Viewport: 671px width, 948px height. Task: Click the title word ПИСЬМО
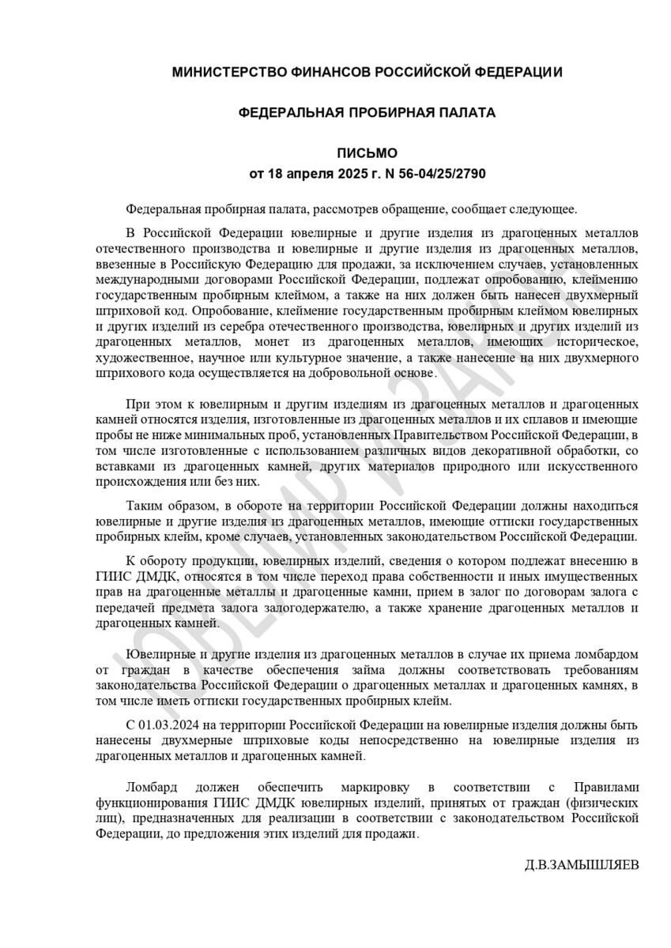tap(368, 153)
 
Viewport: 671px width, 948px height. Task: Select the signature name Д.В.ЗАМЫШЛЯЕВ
tap(582, 863)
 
